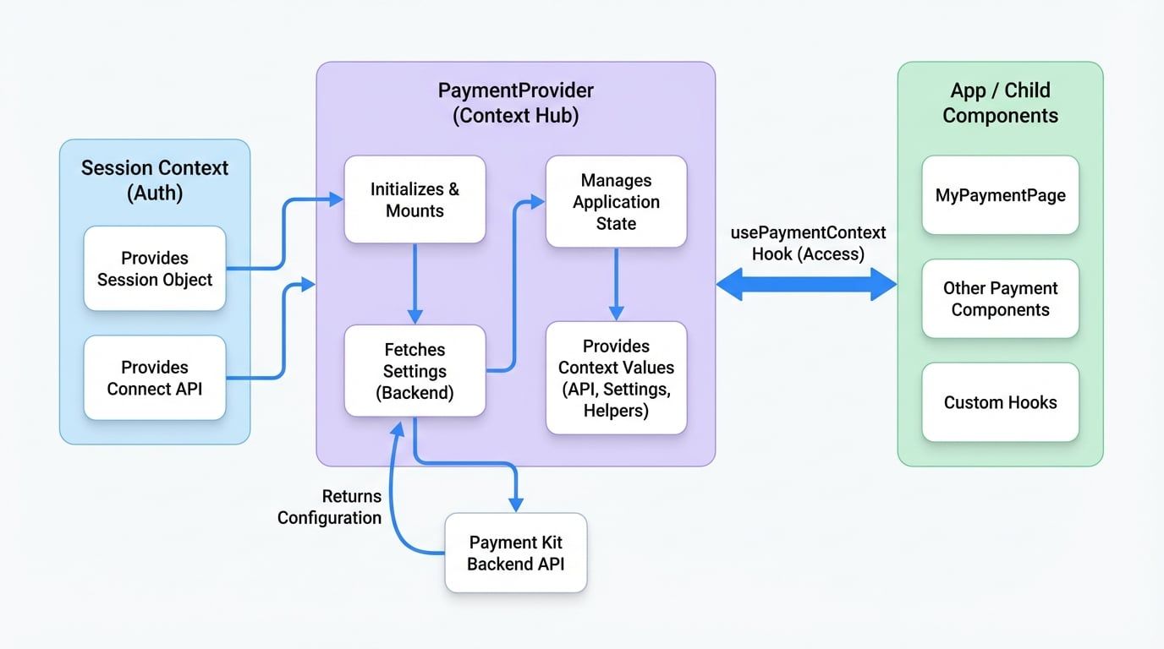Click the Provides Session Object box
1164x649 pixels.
pos(155,269)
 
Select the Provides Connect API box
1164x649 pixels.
pos(155,378)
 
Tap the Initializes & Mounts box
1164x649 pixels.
pos(415,200)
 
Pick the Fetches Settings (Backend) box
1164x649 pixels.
pos(415,371)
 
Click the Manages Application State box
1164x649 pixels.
pos(616,202)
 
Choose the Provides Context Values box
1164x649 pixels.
pos(616,378)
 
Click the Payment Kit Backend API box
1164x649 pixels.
pos(515,553)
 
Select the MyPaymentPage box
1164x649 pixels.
pos(1000,195)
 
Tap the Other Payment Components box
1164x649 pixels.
pos(1000,299)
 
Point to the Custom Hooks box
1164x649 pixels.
pos(1000,402)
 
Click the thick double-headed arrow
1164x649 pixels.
pos(806,285)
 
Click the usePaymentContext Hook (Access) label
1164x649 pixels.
pos(808,243)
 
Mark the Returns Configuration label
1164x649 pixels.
pos(330,507)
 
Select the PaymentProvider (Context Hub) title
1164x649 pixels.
pos(515,103)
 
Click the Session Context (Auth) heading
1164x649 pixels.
pos(155,180)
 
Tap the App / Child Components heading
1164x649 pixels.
pos(1000,103)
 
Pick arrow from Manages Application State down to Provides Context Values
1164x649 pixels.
pos(616,283)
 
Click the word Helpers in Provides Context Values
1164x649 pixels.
pos(616,411)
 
